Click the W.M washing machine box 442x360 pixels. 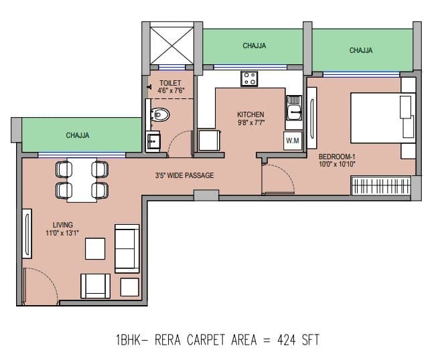tap(293, 141)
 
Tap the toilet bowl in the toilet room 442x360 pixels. tap(159, 114)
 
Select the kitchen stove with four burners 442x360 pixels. tap(249, 78)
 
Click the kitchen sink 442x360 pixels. tap(293, 108)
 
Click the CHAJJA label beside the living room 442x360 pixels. tap(78, 135)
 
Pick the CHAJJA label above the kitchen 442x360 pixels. tap(254, 46)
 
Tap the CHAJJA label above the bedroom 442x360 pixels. tap(361, 50)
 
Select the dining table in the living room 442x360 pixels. tap(81, 180)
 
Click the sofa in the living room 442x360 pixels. tap(127, 248)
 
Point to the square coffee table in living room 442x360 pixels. tap(95, 249)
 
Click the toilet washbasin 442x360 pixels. tap(154, 141)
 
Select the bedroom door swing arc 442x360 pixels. tap(276, 178)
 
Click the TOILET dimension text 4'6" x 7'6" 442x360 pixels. tap(171, 90)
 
